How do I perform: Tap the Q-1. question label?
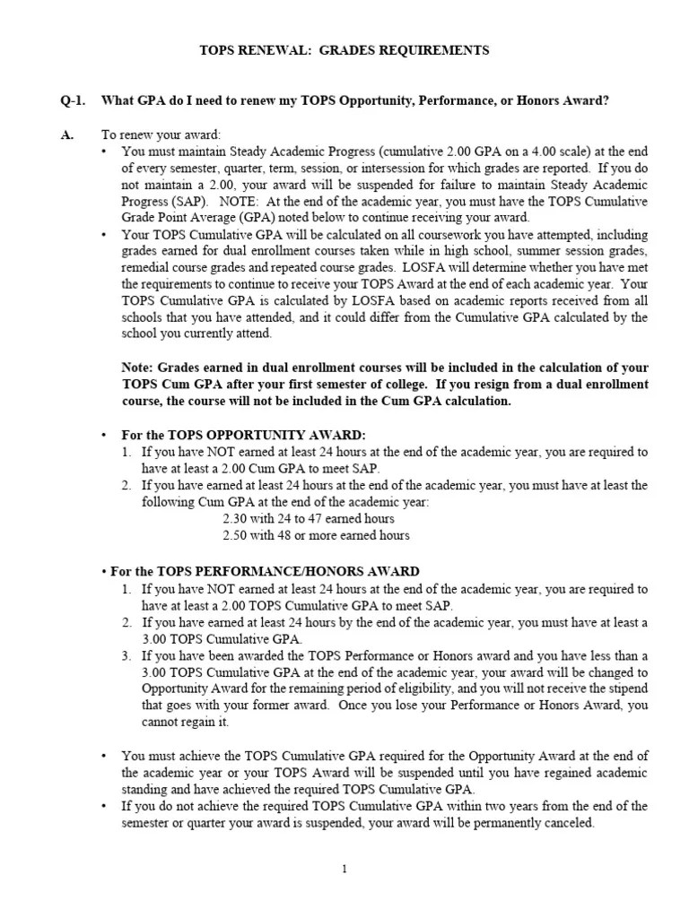(74, 100)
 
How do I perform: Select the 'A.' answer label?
(66, 134)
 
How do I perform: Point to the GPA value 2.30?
(236, 519)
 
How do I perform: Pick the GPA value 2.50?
(236, 535)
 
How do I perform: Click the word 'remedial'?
(144, 266)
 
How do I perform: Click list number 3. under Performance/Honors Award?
(127, 656)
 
